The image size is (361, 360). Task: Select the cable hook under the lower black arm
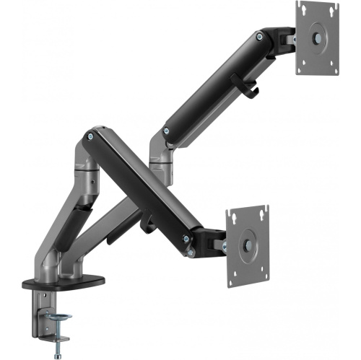(148, 222)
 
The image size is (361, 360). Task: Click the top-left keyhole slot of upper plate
(303, 10)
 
